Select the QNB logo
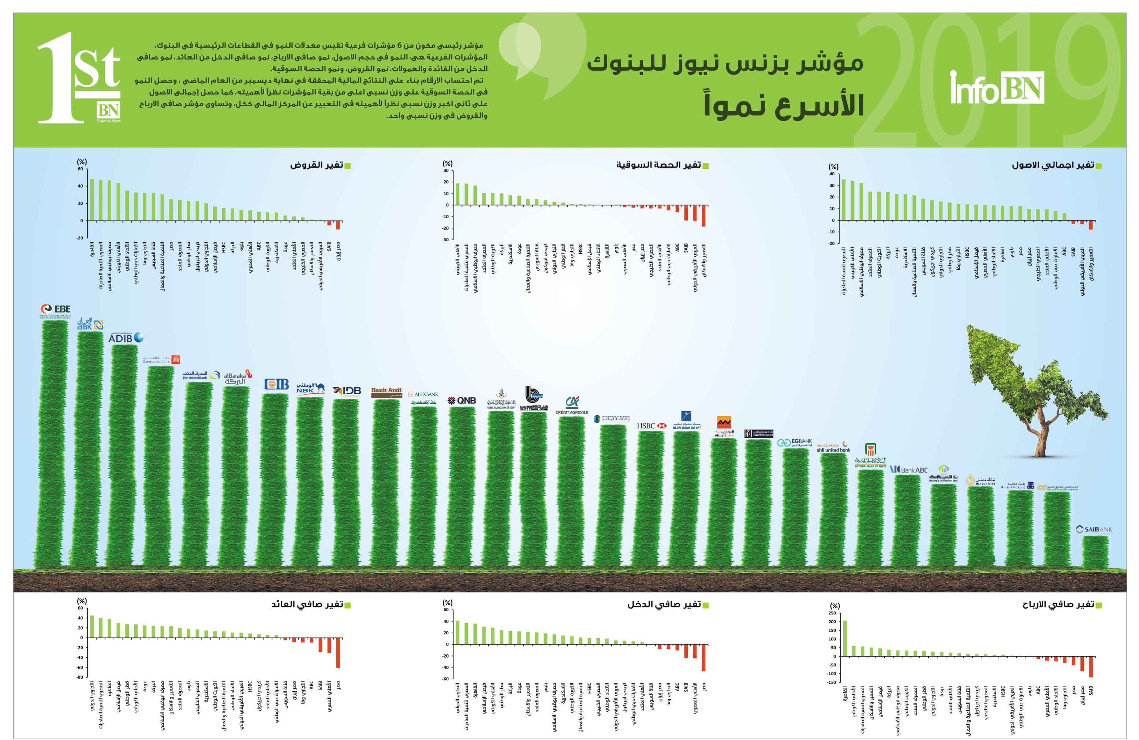tap(462, 400)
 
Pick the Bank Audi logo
tap(386, 392)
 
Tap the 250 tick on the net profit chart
tap(832, 613)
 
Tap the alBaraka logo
tap(238, 378)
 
